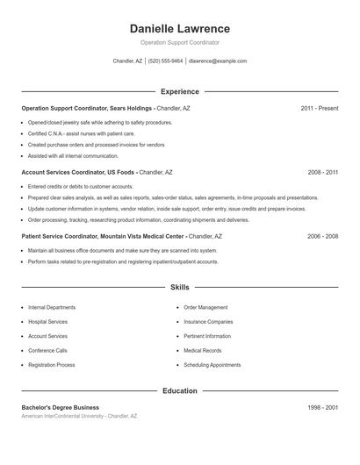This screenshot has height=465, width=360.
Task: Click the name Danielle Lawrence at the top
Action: click(179, 29)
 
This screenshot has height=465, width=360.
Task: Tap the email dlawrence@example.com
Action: click(218, 61)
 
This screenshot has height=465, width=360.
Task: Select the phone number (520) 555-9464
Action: click(165, 61)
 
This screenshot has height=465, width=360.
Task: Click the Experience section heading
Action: click(179, 91)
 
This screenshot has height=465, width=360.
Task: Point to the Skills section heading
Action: click(179, 287)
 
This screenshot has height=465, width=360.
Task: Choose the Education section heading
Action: click(179, 390)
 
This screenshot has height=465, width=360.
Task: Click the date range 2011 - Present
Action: click(319, 108)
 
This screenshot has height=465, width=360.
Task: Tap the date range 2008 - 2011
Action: click(322, 173)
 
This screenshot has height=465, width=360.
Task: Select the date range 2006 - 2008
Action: click(322, 237)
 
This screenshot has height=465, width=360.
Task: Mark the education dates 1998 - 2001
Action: click(322, 407)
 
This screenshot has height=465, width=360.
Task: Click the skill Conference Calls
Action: click(47, 350)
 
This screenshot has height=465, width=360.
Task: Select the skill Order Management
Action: click(205, 308)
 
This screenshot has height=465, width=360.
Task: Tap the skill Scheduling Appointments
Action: click(212, 364)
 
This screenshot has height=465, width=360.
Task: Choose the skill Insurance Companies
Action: click(208, 322)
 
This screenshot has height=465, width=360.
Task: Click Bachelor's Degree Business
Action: click(61, 407)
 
